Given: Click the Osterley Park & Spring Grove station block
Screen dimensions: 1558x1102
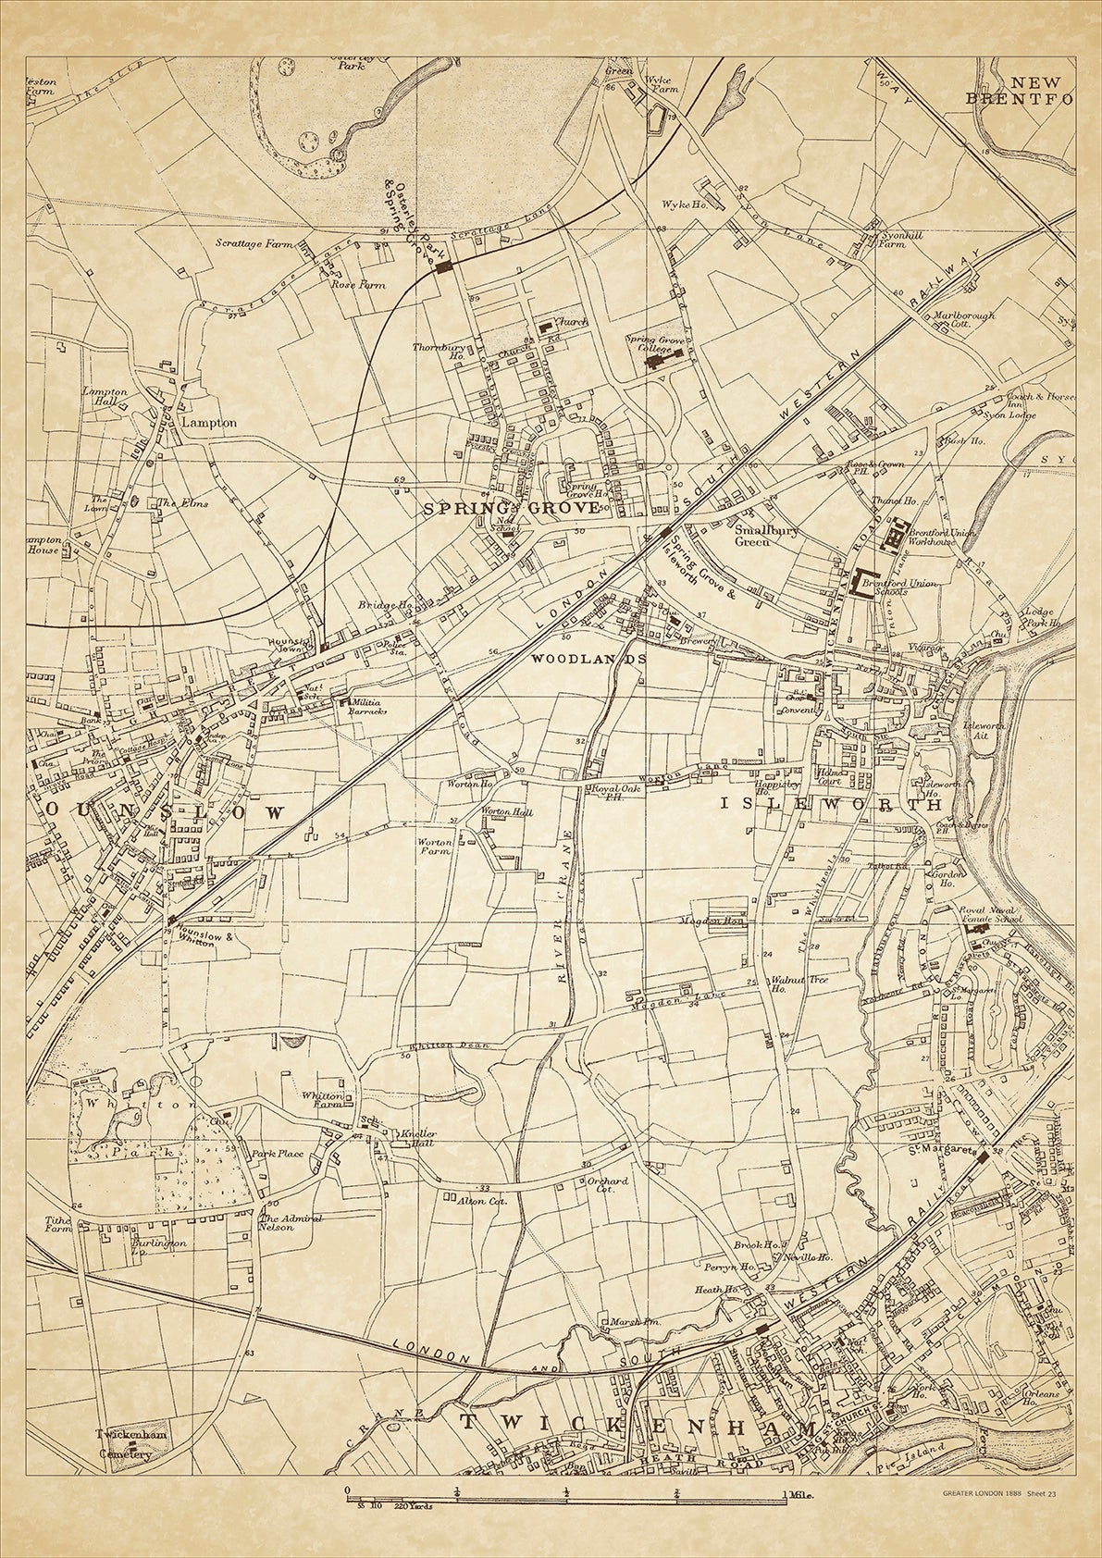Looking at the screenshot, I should coord(445,266).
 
